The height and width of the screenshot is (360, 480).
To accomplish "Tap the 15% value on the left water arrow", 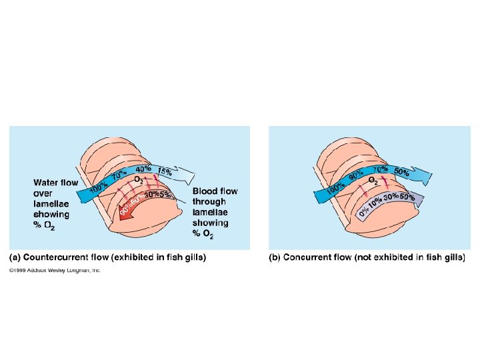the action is (x=165, y=171).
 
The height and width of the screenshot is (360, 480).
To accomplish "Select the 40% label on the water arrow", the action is (x=143, y=169).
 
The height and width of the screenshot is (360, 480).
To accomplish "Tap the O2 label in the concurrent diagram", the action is (x=374, y=180).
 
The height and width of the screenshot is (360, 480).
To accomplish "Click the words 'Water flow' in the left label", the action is (x=55, y=182).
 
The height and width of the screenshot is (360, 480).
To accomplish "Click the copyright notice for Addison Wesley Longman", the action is (x=54, y=271).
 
